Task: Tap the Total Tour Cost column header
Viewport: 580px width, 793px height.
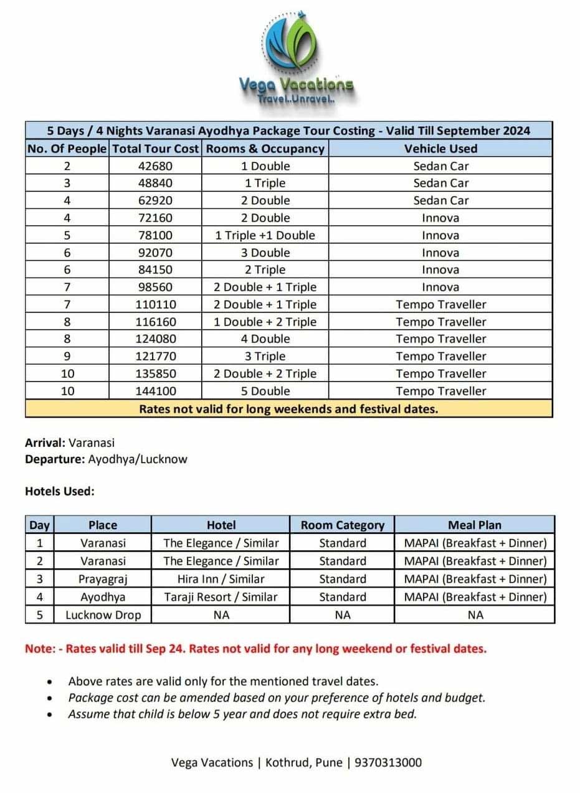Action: click(156, 149)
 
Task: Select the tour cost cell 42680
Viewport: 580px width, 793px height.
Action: click(155, 166)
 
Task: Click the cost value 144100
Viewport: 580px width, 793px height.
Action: click(155, 391)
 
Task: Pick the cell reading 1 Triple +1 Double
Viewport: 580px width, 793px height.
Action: click(265, 235)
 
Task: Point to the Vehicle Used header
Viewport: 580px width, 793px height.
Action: click(440, 149)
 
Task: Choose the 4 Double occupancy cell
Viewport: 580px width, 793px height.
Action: click(265, 339)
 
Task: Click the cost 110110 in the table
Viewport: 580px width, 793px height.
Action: click(155, 304)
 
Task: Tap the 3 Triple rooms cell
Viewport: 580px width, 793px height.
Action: click(265, 356)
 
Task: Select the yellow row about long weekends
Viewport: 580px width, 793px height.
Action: click(288, 409)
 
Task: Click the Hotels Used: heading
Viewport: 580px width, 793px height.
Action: click(60, 491)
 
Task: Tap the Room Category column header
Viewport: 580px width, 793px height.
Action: click(342, 525)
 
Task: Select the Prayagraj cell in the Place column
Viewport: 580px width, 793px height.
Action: click(103, 579)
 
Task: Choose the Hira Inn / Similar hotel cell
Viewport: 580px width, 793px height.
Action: click(221, 579)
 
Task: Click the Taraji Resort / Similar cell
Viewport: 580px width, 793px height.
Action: click(221, 597)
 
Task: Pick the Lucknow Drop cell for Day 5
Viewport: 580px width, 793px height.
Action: click(103, 615)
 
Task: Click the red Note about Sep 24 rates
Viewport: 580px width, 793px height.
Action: click(255, 648)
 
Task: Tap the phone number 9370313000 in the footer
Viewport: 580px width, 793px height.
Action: click(387, 762)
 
